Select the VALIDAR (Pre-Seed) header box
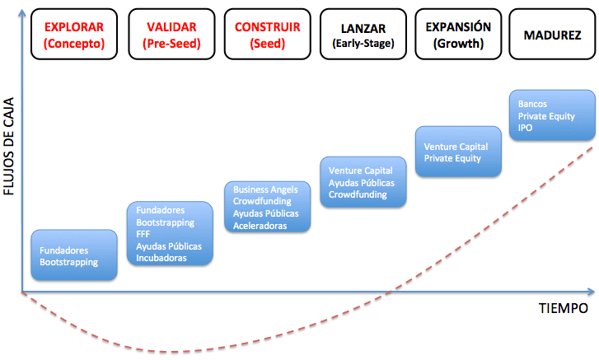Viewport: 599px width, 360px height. pyautogui.click(x=171, y=35)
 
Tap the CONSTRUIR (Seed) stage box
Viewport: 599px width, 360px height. pyautogui.click(x=268, y=35)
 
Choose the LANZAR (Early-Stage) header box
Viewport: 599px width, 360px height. pyautogui.click(x=363, y=35)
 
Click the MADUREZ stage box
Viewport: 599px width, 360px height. pyautogui.click(x=551, y=35)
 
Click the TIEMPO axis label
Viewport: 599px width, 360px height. pyautogui.click(x=564, y=308)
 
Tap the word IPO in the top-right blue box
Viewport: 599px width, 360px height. pyautogui.click(x=526, y=129)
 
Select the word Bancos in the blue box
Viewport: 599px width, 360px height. pyautogui.click(x=532, y=105)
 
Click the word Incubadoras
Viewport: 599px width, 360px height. pyautogui.click(x=161, y=258)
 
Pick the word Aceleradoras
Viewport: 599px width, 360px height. pyautogui.click(x=260, y=225)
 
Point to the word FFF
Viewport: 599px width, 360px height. pyautogui.click(x=143, y=234)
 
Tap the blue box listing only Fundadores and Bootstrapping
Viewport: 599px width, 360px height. pyautogui.click(x=73, y=256)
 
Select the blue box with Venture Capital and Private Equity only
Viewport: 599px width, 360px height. pyautogui.click(x=458, y=152)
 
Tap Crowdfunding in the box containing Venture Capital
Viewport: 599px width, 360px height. pyautogui.click(x=358, y=194)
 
